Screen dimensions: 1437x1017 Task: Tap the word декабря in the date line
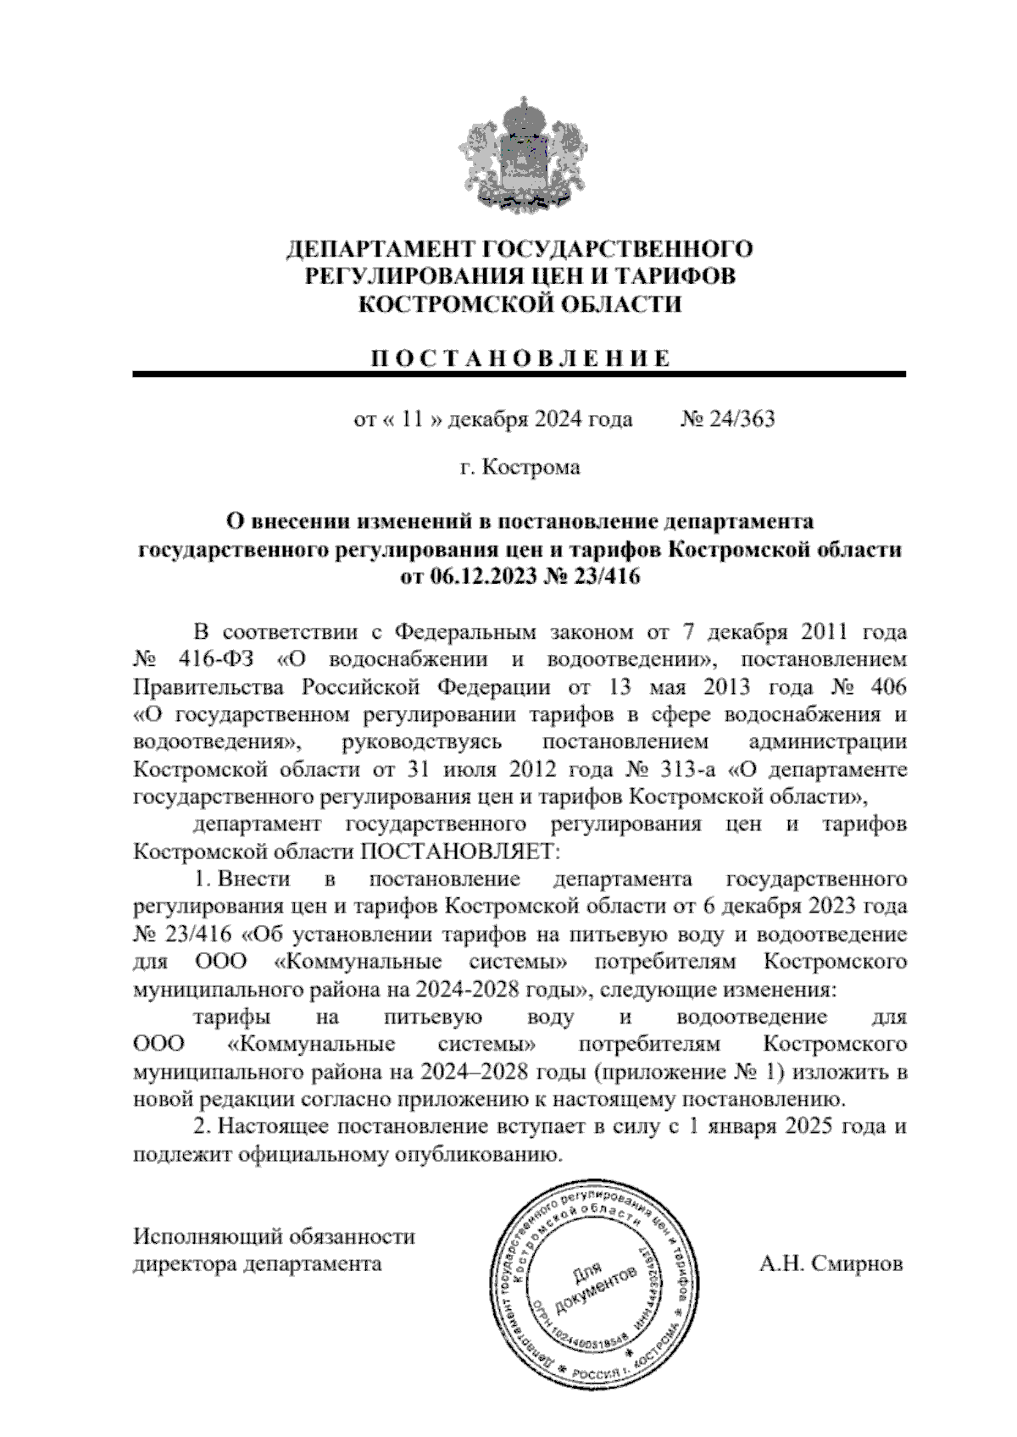(x=487, y=419)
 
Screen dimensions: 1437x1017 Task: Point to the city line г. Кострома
(x=520, y=467)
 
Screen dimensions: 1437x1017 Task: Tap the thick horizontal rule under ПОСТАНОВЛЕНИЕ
(x=519, y=374)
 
